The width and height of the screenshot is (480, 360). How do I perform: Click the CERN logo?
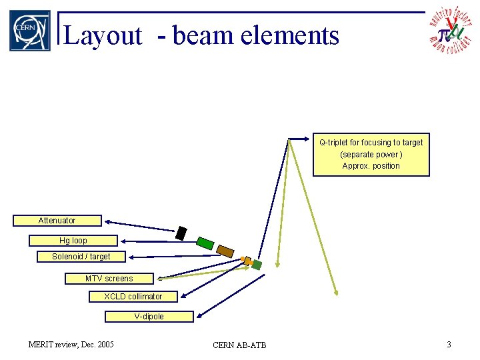tap(29, 30)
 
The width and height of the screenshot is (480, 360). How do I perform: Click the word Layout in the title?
tap(103, 35)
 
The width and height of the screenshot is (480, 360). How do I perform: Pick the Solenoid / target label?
tap(81, 257)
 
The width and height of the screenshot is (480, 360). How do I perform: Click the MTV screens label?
tap(109, 279)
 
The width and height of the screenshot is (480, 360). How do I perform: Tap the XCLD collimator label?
tap(133, 297)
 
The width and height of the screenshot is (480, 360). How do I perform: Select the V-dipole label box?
tap(149, 317)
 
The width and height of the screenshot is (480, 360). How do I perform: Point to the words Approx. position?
tap(371, 166)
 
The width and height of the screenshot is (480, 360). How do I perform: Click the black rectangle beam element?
tap(181, 233)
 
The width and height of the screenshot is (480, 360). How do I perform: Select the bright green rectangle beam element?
tap(205, 243)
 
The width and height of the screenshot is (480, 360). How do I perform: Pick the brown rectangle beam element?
tap(225, 251)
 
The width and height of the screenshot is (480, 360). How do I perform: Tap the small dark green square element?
tap(257, 265)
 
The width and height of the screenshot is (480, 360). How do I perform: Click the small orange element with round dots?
tap(247, 261)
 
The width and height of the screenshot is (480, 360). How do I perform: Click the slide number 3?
tap(449, 344)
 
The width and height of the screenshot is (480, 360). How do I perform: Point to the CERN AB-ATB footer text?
tap(239, 345)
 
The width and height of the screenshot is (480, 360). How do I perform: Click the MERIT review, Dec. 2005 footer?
tap(71, 344)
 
